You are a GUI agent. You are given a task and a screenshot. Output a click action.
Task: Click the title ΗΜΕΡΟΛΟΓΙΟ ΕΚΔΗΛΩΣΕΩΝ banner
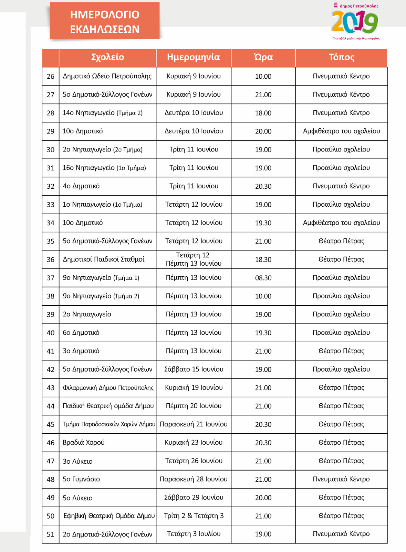point(105,21)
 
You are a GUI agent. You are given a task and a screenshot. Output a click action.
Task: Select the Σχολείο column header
point(107,57)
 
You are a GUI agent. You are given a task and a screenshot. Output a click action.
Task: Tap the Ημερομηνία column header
point(194,57)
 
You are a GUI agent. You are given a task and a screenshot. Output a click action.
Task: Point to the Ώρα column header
point(263,57)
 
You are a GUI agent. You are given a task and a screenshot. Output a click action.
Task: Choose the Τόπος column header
point(341,57)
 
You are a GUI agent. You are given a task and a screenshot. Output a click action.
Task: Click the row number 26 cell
point(51,76)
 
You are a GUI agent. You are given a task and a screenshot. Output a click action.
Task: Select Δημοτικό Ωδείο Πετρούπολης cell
point(107,76)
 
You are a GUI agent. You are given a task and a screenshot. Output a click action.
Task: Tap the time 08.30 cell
point(263,278)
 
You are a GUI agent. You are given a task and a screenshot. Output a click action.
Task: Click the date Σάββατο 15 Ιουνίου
point(194,369)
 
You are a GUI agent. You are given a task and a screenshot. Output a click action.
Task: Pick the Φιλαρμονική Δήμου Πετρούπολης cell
point(108,388)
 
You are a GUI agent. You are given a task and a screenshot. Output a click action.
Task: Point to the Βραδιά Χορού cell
point(84,443)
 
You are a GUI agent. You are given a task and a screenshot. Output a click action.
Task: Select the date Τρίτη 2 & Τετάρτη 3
point(194,516)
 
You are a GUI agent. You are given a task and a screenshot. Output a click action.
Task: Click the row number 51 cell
point(51,534)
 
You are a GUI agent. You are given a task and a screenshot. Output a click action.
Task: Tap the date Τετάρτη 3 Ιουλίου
point(194,534)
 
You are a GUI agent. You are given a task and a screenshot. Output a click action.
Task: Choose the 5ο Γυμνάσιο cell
point(81,479)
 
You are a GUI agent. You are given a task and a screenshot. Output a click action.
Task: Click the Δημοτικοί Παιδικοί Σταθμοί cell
point(104,259)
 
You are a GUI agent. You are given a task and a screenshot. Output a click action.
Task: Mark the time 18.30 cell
point(263,259)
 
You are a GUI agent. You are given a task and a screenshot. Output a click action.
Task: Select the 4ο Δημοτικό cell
point(81,186)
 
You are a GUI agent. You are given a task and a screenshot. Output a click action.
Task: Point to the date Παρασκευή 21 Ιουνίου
point(194,424)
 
